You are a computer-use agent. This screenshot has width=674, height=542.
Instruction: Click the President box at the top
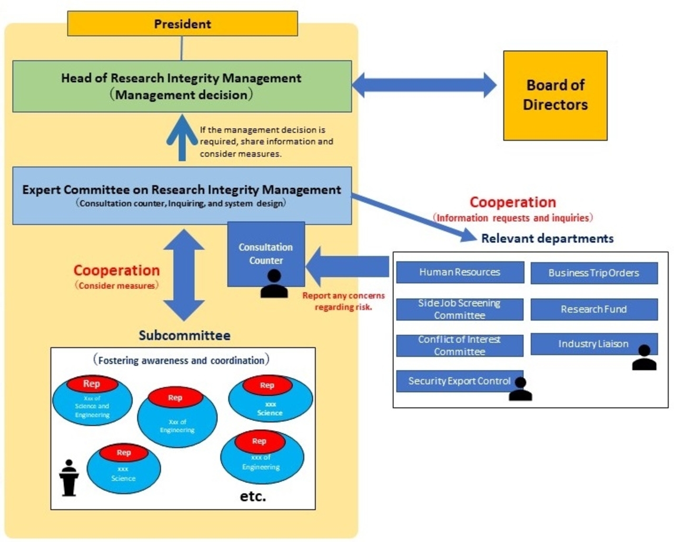tap(182, 24)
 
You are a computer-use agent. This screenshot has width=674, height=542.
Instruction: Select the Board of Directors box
tap(555, 95)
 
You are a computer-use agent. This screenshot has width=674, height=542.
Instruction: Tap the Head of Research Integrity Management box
tap(182, 86)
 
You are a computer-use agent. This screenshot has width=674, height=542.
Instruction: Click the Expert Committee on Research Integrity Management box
tap(182, 196)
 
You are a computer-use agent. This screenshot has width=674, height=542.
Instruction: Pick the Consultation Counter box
tap(266, 253)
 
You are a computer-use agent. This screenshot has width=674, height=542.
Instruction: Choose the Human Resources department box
tap(460, 272)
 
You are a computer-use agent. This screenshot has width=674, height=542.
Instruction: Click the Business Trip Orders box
tap(593, 273)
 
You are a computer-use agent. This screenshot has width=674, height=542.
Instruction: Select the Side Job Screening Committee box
tap(460, 309)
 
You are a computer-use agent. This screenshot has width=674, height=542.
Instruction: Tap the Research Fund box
tap(593, 309)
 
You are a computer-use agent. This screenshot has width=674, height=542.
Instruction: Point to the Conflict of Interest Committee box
tap(460, 345)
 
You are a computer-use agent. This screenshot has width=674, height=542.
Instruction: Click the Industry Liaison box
tap(593, 344)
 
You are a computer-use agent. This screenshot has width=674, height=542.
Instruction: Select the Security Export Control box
tap(459, 381)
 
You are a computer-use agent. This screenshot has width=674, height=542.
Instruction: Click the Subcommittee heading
tap(184, 335)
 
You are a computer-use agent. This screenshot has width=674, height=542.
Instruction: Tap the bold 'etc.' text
tap(253, 496)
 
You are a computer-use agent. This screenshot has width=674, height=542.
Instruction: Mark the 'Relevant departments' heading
tap(547, 238)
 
